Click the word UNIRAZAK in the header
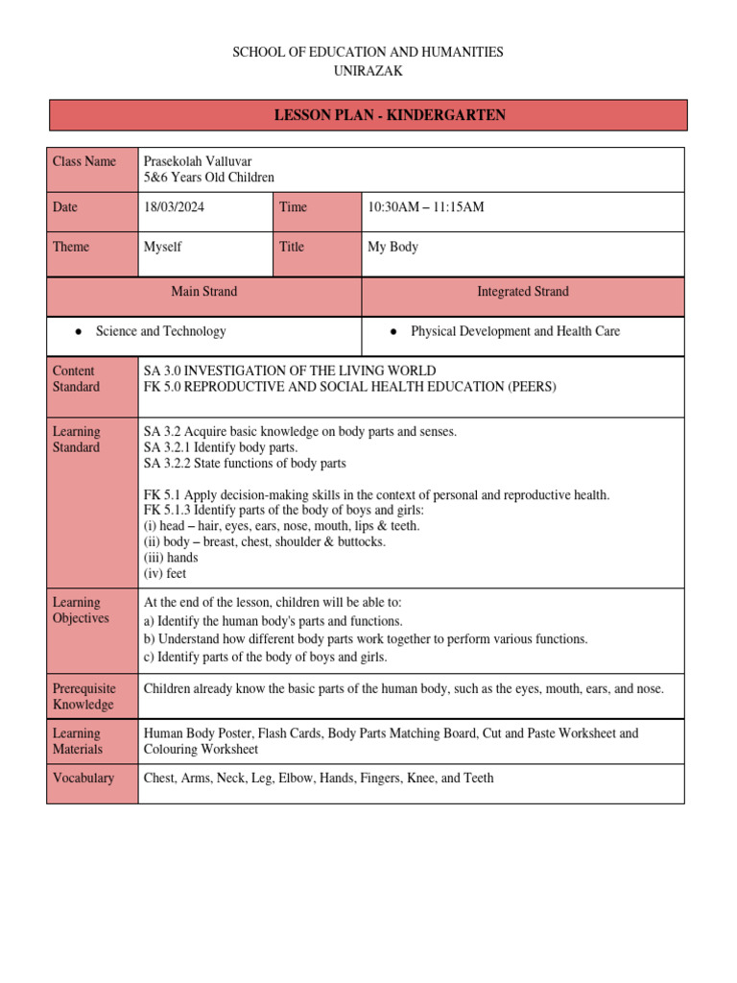click(x=368, y=71)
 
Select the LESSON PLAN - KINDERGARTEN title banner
click(x=368, y=115)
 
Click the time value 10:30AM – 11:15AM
click(x=426, y=207)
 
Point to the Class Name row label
click(x=84, y=161)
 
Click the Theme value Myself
click(x=162, y=247)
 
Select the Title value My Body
click(x=392, y=247)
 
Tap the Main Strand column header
click(x=204, y=291)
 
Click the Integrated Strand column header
click(x=523, y=291)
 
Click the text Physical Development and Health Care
click(x=514, y=331)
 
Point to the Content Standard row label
click(x=76, y=378)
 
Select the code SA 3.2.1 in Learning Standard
click(x=168, y=447)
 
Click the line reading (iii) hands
click(x=171, y=558)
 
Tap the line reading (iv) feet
click(x=165, y=574)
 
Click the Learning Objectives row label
click(x=81, y=611)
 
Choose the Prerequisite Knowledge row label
click(x=84, y=696)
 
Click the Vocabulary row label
click(x=83, y=778)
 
